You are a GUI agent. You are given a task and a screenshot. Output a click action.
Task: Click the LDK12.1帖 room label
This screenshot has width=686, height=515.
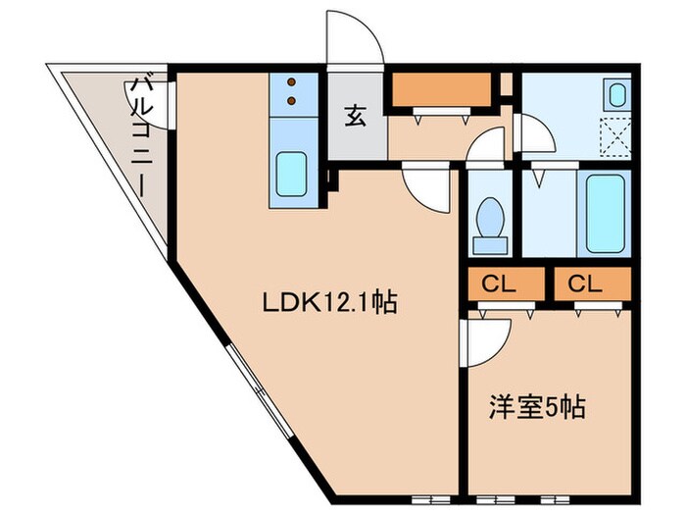coord(328,304)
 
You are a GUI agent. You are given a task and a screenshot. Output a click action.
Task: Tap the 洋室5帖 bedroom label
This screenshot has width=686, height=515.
coord(537,407)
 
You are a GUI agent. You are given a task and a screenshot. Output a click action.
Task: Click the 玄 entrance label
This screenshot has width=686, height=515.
coord(354,116)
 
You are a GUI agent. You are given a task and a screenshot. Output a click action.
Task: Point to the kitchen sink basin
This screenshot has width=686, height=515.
coord(291,175)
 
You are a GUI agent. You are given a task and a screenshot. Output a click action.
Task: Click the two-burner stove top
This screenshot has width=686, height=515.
coord(292,92)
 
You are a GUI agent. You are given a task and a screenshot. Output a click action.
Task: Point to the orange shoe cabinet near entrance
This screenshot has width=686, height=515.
coord(443,91)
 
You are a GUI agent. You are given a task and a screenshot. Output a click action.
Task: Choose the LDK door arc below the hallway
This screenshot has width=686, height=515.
coord(424,186)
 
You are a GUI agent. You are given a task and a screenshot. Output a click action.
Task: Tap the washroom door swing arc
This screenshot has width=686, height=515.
coord(530,131)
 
